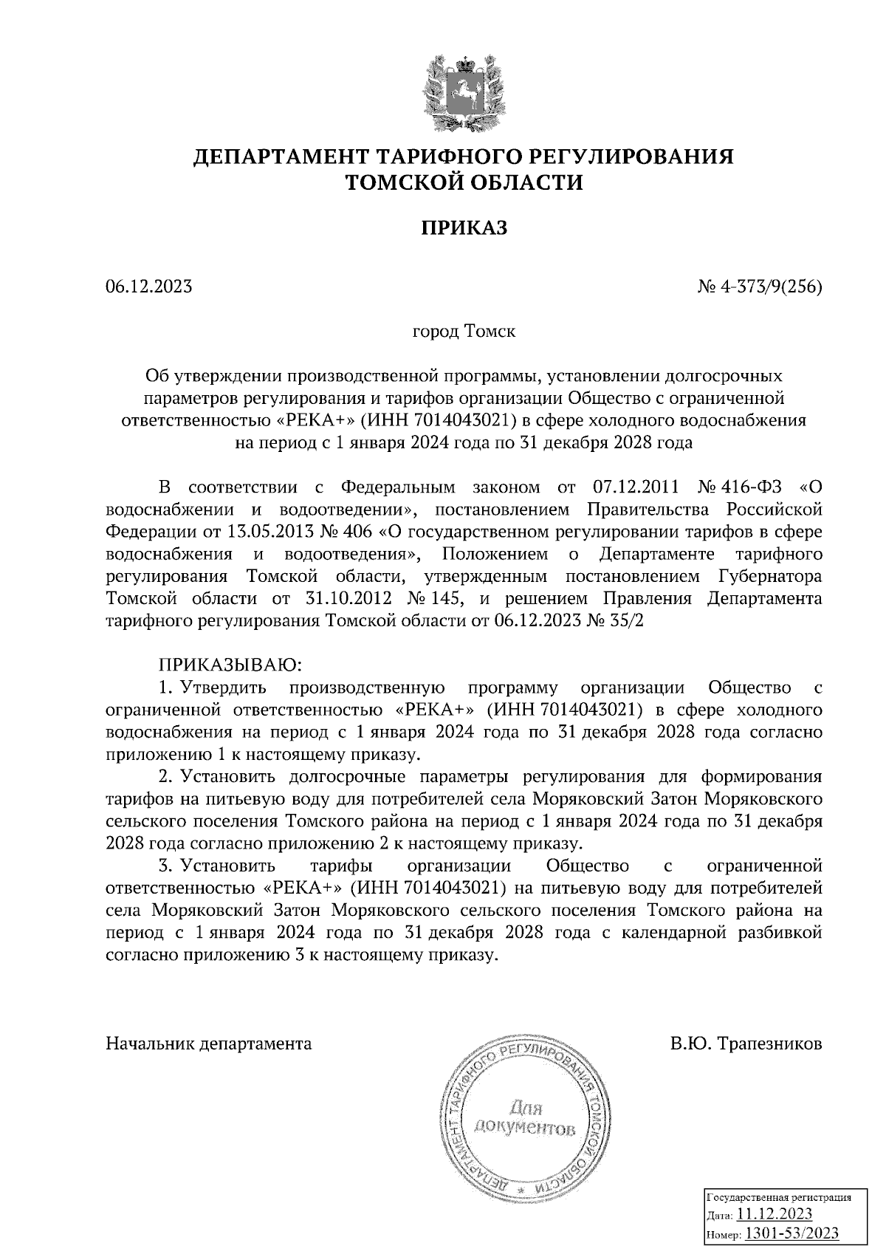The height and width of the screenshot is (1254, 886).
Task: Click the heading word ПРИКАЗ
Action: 464,228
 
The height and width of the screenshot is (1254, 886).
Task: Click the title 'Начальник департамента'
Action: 209,1044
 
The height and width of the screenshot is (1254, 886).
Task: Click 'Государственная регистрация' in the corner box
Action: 780,1197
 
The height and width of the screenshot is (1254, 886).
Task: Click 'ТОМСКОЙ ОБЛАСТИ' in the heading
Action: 464,182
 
